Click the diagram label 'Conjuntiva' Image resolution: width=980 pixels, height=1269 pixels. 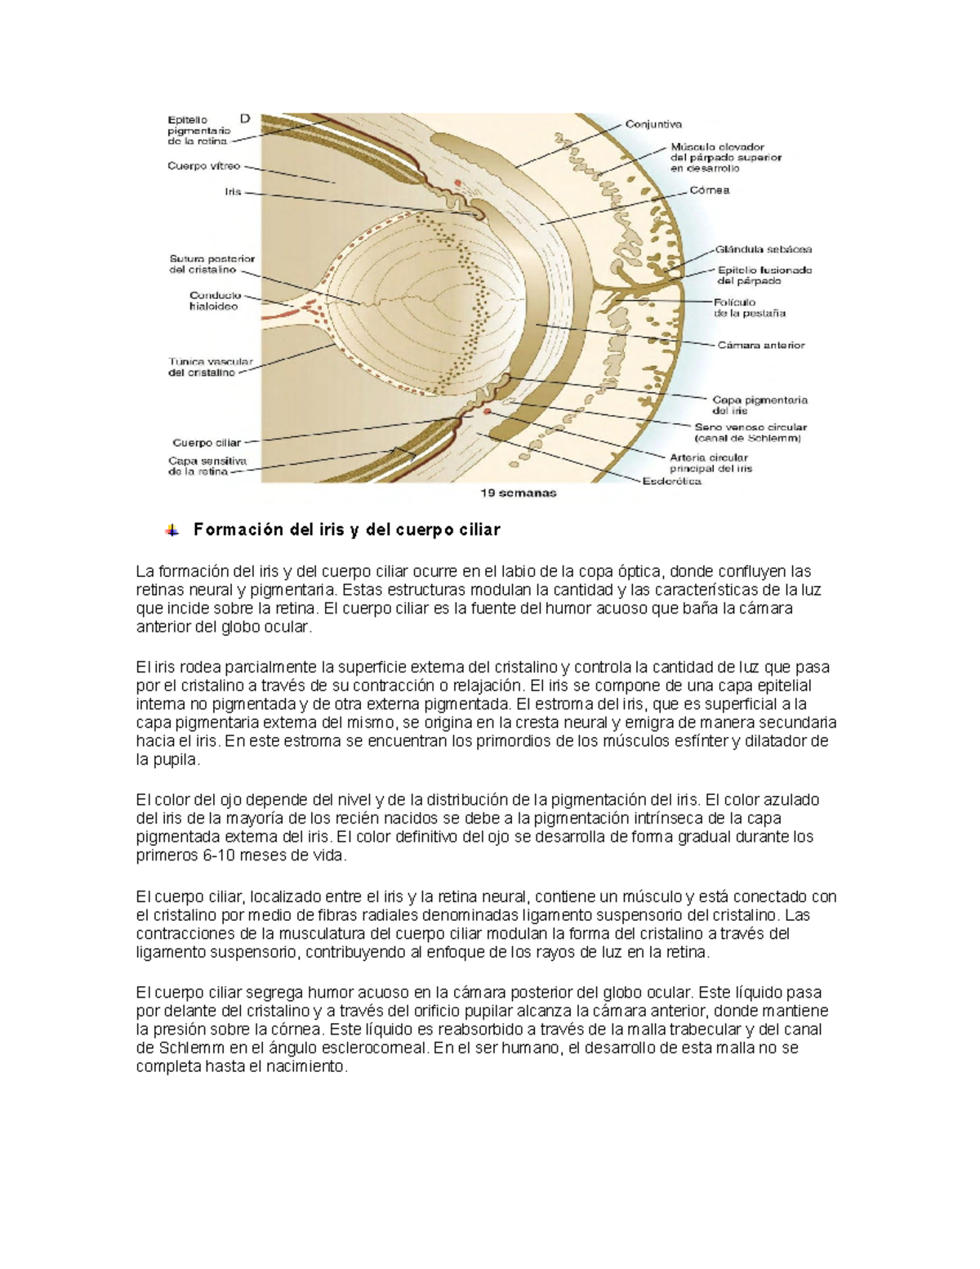point(653,125)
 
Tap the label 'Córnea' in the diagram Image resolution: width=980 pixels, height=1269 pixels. point(710,190)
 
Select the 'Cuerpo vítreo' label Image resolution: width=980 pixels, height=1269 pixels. point(203,166)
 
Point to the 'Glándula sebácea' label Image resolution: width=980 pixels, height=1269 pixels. point(764,249)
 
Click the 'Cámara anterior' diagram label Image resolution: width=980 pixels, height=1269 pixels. point(761,345)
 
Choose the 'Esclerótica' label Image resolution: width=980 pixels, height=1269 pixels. point(671,481)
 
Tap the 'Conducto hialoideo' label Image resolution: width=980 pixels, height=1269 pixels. point(214,301)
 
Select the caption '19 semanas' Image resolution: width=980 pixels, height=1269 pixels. point(518,493)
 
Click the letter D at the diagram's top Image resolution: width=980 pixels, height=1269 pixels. point(245,119)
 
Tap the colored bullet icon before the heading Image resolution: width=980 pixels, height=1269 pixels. point(171,530)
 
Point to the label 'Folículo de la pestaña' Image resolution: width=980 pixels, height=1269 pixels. point(750,307)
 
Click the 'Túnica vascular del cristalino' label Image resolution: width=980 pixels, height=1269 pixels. point(211,367)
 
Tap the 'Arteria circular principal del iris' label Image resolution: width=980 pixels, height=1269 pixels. point(710,463)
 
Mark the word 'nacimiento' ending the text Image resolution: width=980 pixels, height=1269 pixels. point(310,1067)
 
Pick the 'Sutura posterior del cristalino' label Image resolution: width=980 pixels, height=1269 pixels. point(211,264)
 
